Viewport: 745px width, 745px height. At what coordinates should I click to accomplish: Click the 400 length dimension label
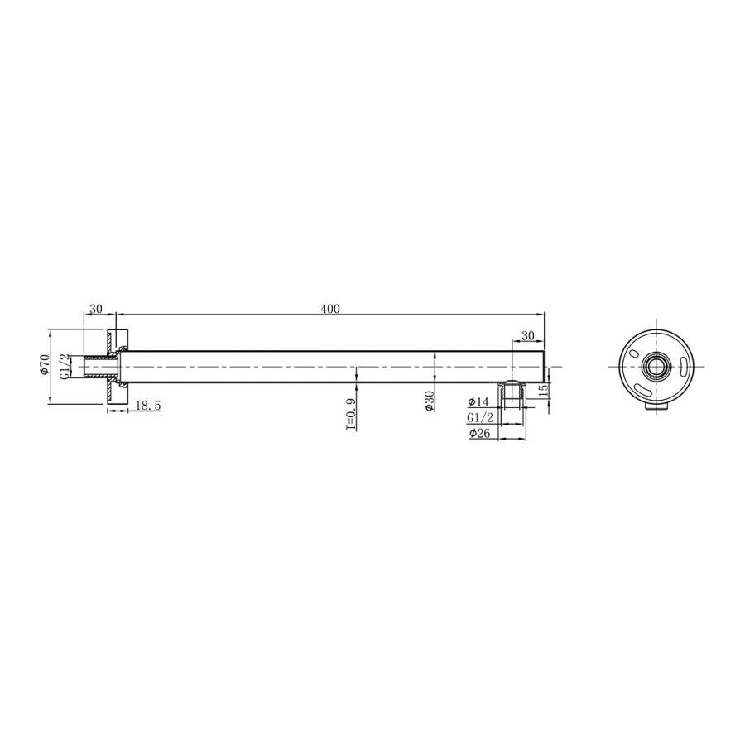click(330, 309)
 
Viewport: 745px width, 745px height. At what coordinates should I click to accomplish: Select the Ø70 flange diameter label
click(45, 366)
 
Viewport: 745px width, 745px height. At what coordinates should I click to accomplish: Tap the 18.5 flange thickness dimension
click(147, 405)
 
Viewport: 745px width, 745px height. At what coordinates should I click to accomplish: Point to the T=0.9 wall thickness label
click(350, 413)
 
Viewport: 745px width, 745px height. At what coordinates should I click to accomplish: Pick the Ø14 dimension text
click(478, 401)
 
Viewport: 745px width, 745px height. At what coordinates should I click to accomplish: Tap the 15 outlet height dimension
click(543, 390)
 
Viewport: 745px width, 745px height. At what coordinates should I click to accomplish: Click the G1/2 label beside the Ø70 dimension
click(64, 366)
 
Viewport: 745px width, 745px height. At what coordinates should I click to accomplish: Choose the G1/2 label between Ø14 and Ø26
click(480, 417)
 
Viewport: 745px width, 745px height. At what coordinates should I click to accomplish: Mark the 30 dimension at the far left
click(95, 309)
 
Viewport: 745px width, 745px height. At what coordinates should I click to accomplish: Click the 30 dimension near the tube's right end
click(527, 334)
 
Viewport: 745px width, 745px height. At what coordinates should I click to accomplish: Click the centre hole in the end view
click(658, 366)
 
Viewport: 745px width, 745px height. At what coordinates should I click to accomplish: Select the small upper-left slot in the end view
click(634, 353)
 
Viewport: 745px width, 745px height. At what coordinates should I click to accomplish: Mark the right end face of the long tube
click(544, 366)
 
